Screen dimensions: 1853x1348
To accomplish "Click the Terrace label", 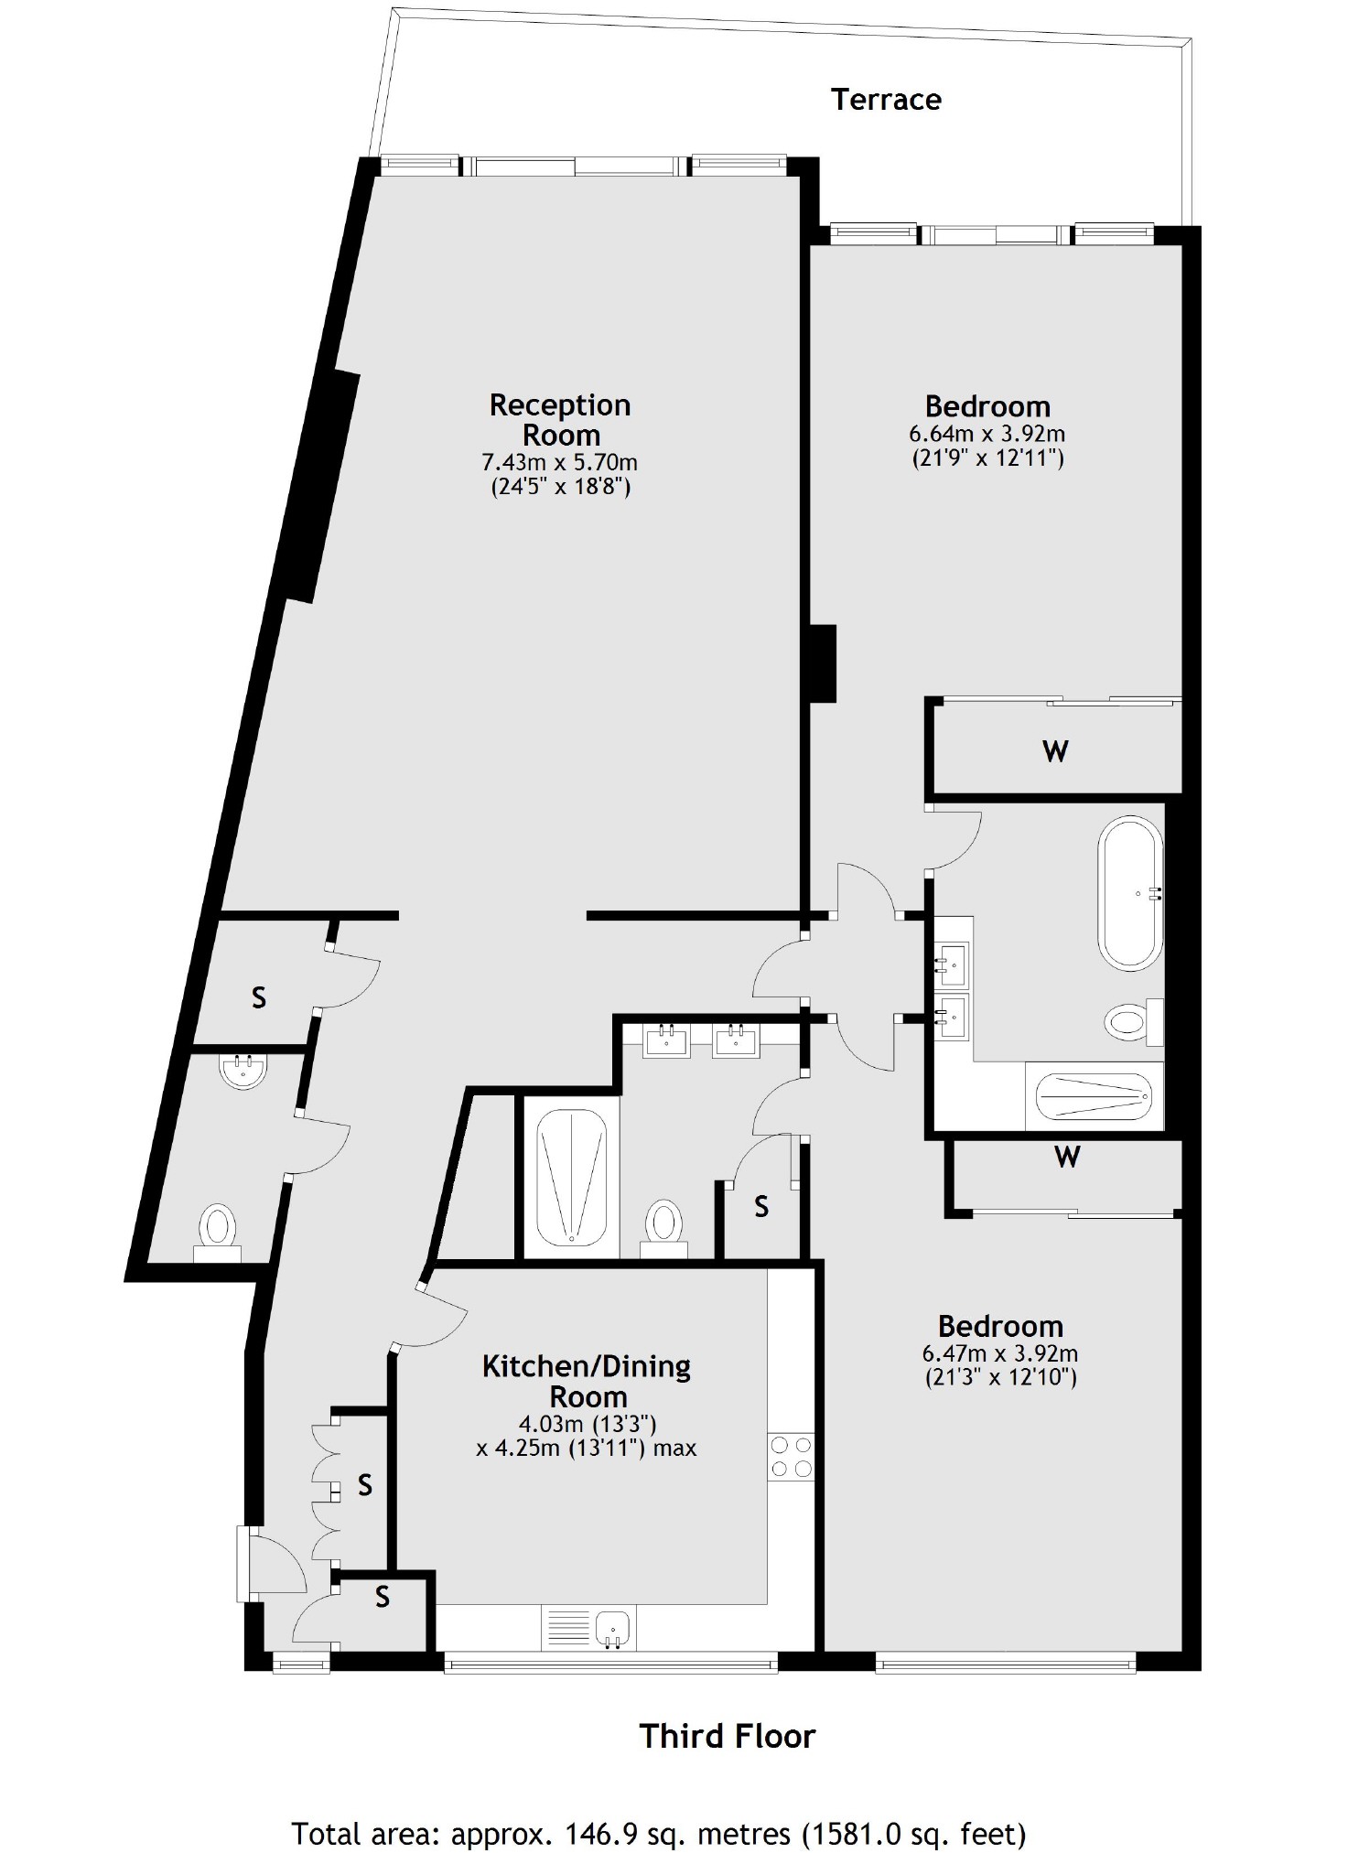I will (886, 99).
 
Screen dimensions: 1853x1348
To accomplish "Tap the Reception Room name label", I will (560, 419).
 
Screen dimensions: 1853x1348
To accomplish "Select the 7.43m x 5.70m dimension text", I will (560, 462).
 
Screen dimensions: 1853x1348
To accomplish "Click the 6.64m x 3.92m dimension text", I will (987, 433).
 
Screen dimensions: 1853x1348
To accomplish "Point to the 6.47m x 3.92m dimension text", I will (1000, 1352).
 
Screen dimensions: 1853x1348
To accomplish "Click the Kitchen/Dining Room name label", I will (587, 1381).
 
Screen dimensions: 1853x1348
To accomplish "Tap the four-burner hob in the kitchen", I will (791, 1457).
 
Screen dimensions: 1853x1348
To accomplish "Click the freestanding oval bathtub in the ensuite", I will (1131, 894).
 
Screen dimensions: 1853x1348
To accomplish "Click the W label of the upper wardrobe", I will (1055, 751).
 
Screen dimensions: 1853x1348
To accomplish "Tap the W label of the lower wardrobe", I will (1067, 1157).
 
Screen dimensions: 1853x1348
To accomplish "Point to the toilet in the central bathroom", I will (664, 1224).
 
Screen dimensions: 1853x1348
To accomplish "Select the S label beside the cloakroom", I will (259, 997).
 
